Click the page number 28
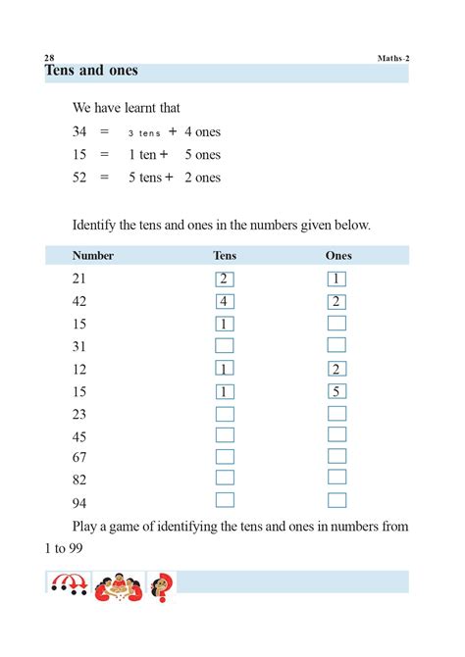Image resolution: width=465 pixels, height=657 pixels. coord(51,58)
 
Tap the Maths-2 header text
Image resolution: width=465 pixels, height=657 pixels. coord(393,58)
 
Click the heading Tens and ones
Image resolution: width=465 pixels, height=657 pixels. coord(91,71)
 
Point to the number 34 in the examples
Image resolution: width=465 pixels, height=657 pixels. coord(80,130)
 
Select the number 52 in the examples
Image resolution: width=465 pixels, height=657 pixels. coord(80,177)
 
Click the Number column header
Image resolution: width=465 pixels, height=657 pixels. coord(93,256)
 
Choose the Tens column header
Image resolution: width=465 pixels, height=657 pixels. coord(225,256)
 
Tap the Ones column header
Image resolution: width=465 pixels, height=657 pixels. coord(338,256)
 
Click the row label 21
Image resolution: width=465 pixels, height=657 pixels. coord(79,279)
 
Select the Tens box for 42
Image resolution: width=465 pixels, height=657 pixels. coord(225,301)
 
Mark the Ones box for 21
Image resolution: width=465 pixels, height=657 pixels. coord(336,279)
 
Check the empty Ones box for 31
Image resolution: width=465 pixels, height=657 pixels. coord(336,345)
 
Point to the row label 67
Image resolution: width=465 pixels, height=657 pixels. coord(79,458)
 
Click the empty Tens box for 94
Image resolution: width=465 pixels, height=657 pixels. coord(225,500)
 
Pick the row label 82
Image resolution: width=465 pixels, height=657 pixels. coord(79,480)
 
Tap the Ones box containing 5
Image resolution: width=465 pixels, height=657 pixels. coord(336,391)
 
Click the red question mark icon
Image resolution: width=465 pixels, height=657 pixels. coord(161,587)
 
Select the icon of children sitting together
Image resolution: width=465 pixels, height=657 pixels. coord(118,587)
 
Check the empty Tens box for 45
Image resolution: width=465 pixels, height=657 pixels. coord(225,435)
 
